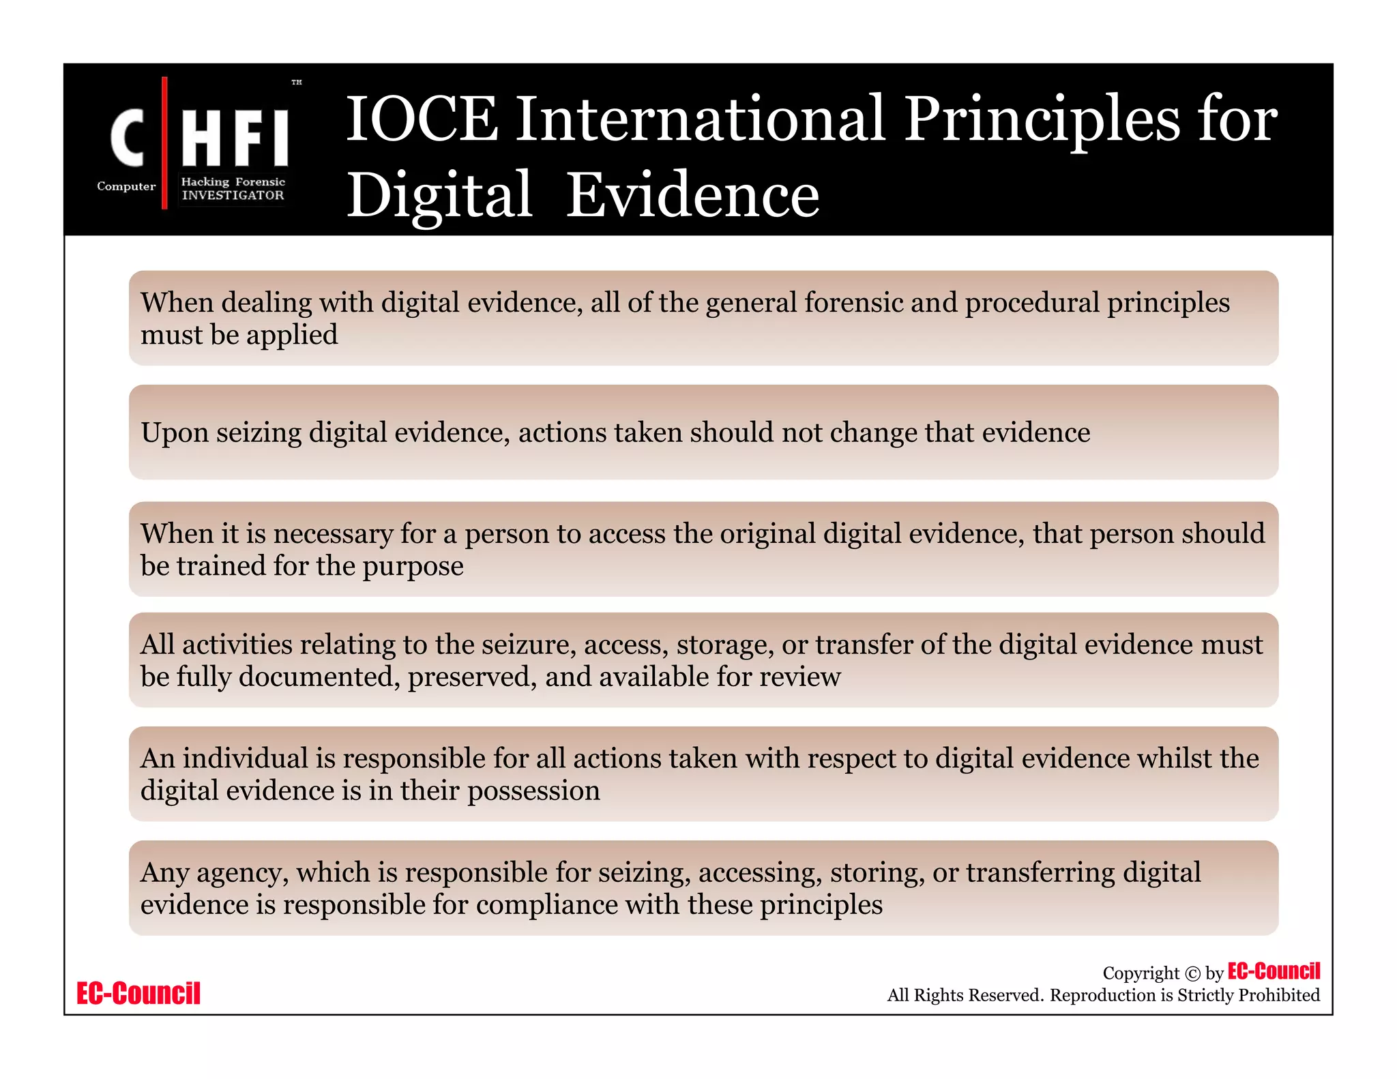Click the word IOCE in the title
pyautogui.click(x=422, y=119)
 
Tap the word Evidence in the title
pyautogui.click(x=692, y=196)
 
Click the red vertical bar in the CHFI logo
pyautogui.click(x=164, y=143)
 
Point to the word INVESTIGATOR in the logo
pyautogui.click(x=233, y=195)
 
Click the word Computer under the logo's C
pyautogui.click(x=126, y=186)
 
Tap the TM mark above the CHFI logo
pyautogui.click(x=297, y=83)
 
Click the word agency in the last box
pyautogui.click(x=241, y=873)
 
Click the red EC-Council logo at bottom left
pyautogui.click(x=138, y=993)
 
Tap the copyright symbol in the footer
pyautogui.click(x=1192, y=973)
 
